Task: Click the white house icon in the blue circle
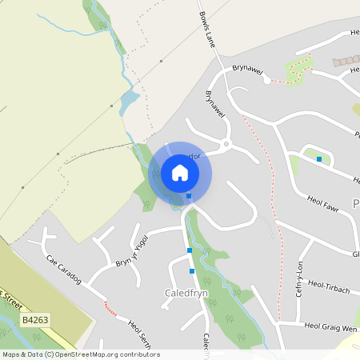coord(180,173)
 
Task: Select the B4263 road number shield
coord(35,320)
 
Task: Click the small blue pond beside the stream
coord(129,102)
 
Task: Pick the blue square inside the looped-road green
coord(319,159)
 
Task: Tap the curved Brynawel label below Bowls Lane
coord(212,104)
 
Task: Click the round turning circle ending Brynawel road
coord(267,79)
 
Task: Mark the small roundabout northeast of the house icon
coord(227,145)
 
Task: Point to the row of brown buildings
coord(346,61)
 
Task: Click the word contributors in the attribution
coord(142,354)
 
